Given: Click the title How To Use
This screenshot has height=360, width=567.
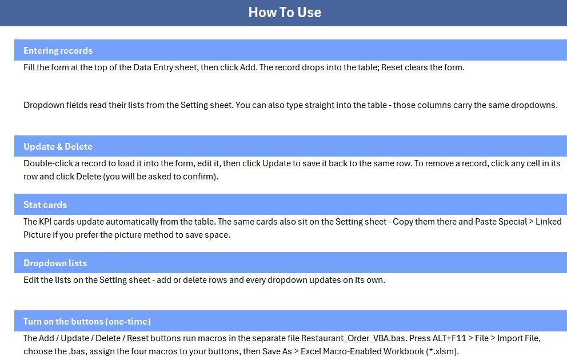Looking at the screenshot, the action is (x=285, y=13).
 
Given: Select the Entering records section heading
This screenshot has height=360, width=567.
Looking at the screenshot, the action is (x=58, y=51).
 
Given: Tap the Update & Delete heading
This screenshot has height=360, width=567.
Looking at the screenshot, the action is (x=58, y=146).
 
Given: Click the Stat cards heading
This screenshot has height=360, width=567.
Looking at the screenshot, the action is (x=45, y=205).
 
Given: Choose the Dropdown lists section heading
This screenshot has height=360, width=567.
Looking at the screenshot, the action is (x=55, y=263).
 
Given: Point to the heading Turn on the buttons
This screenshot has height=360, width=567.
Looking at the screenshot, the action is (x=63, y=321).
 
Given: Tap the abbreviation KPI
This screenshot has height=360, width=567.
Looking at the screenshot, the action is (x=46, y=222).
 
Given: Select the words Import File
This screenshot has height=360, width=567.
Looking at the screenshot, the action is (x=518, y=338).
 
